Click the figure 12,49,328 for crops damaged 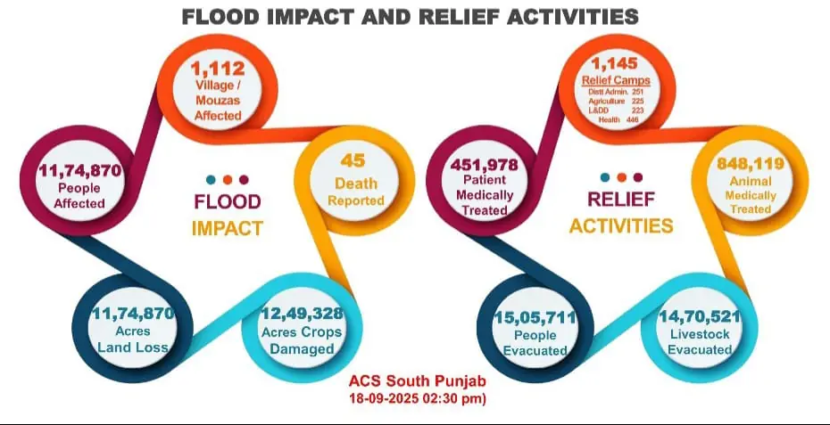301,314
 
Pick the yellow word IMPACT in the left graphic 227,228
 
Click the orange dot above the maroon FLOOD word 227,177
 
